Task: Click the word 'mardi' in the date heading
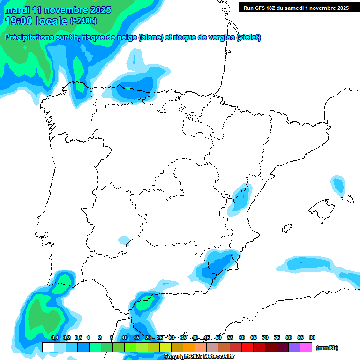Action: click(18, 10)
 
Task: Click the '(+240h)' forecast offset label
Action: click(83, 21)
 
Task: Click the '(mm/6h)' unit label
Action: click(327, 348)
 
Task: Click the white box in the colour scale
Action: click(48, 347)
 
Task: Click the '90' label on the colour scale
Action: click(312, 338)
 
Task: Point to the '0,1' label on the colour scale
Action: click(54, 338)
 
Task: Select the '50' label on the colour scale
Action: click(218, 338)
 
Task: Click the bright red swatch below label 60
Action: click(247, 347)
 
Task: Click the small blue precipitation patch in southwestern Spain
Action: click(124, 240)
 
